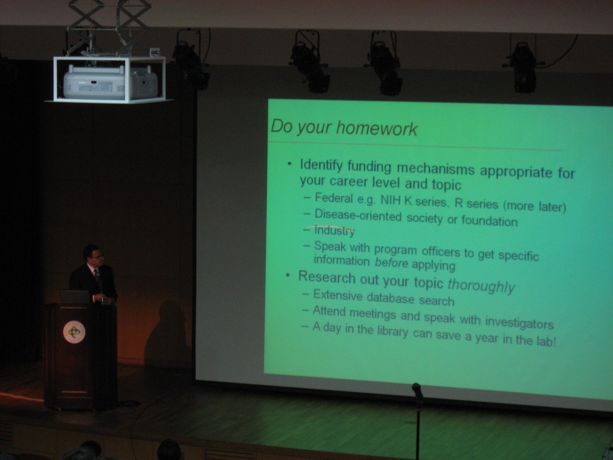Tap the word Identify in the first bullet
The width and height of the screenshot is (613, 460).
coord(321,165)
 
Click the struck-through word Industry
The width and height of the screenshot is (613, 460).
coord(334,231)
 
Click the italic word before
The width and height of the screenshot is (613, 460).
coord(391,263)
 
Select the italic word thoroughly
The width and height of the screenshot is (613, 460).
coord(481,286)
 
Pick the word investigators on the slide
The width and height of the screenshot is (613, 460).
coord(519,323)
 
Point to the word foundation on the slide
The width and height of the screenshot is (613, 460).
coord(489,220)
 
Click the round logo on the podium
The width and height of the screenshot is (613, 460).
coord(74,332)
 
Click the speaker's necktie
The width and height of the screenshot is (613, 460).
coord(98,279)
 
